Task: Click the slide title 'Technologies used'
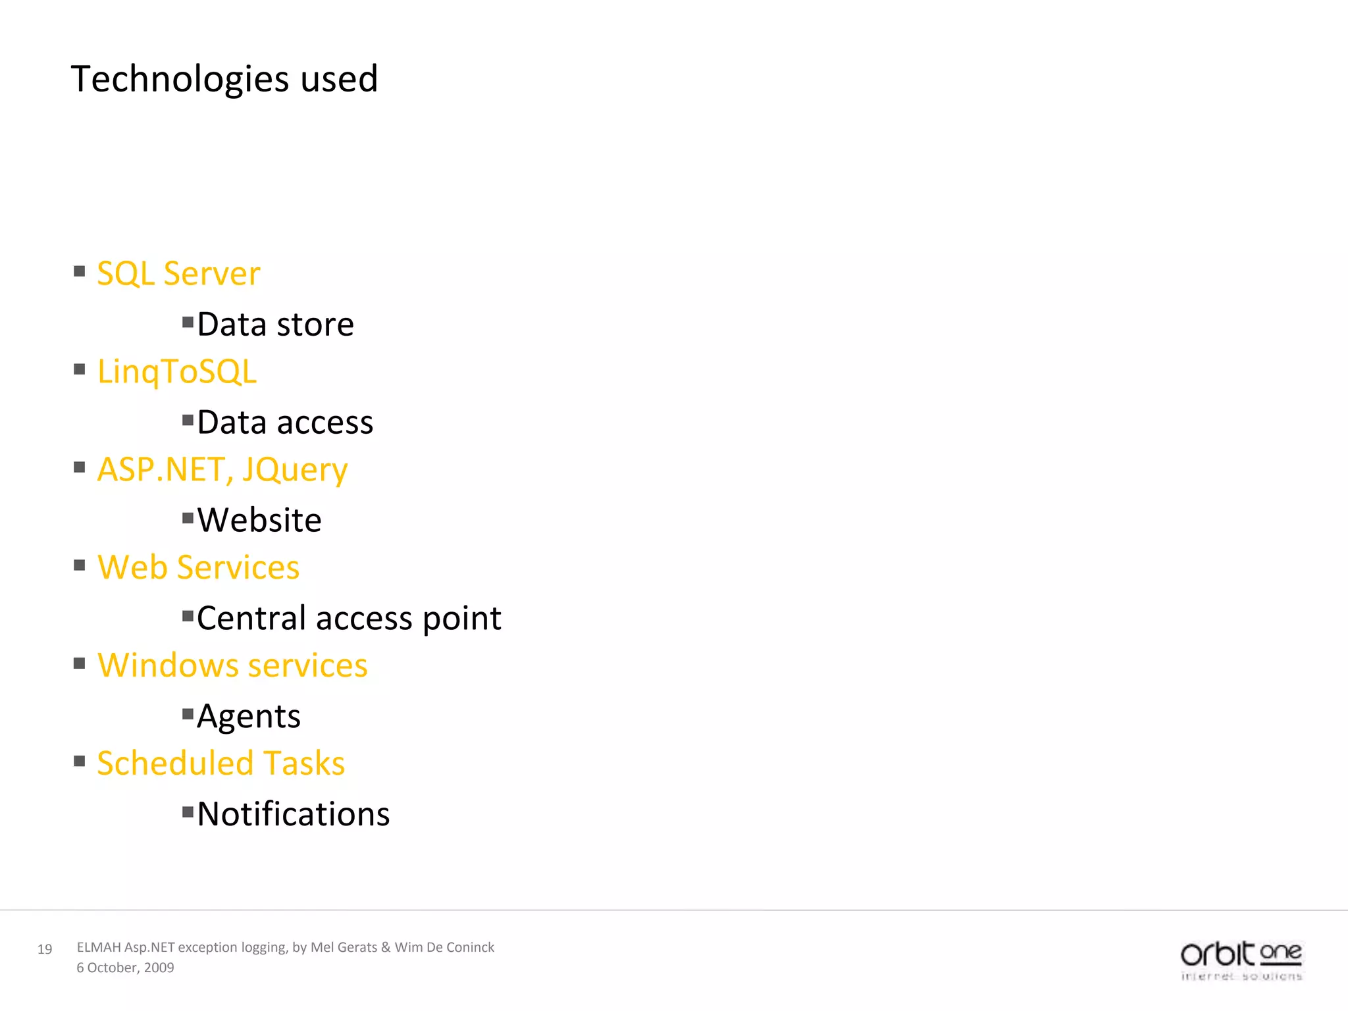coord(224,79)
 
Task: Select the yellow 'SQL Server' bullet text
coord(178,273)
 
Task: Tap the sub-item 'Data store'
coord(275,324)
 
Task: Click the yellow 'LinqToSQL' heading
coord(176,371)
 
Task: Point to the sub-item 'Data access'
coord(285,423)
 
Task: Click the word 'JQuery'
coord(294,470)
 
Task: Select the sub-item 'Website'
coord(259,520)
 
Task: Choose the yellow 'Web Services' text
coord(198,567)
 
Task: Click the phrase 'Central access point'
coord(349,618)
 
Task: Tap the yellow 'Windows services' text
coord(232,665)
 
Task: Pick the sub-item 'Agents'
coord(249,716)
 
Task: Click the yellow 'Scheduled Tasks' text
coord(220,764)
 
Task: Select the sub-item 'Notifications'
coord(294,814)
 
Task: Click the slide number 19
coord(45,949)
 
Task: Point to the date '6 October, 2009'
coord(125,968)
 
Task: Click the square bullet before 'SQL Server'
coord(80,271)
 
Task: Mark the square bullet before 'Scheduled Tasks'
coord(80,762)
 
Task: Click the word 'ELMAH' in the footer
coord(99,947)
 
